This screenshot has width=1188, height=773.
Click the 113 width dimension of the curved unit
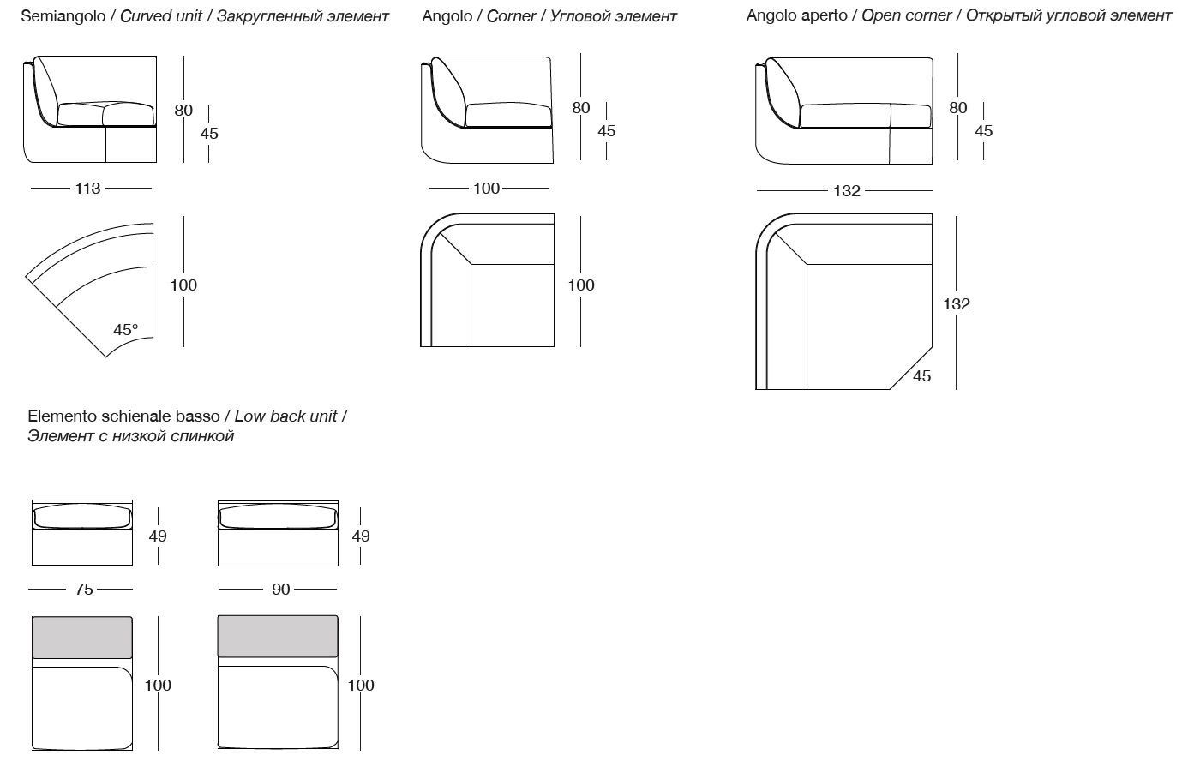88,189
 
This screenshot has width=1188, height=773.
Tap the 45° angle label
125,330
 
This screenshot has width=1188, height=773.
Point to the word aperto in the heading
824,16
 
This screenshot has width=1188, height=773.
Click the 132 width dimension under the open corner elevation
847,191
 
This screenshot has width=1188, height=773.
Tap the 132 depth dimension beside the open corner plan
957,303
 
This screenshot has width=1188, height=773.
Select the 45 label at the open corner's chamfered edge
922,376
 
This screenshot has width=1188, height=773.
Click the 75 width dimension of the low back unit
84,590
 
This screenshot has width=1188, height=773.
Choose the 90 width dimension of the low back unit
280,590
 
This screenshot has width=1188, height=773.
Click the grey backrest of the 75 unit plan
82,638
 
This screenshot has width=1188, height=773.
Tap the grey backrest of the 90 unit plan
278,636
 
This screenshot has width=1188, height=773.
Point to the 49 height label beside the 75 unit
158,536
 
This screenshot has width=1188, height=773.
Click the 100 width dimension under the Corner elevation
486,189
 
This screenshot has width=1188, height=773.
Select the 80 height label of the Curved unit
183,110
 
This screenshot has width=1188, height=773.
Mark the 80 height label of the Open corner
958,108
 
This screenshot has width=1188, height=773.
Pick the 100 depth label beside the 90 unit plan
361,686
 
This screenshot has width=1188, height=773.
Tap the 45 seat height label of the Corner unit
607,131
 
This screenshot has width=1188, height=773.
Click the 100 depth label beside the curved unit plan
183,285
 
